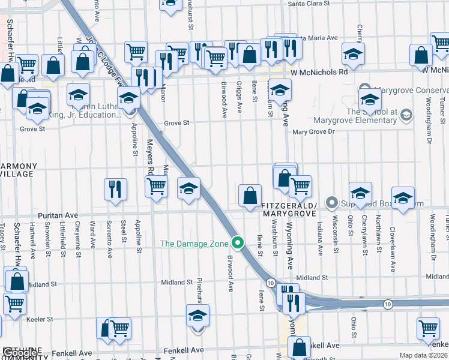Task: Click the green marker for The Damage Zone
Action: (x=238, y=243)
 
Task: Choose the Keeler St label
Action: (x=41, y=319)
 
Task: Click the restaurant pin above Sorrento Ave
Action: (x=115, y=189)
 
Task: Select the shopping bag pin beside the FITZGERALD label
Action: (x=250, y=196)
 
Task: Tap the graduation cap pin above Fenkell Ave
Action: (x=197, y=317)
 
